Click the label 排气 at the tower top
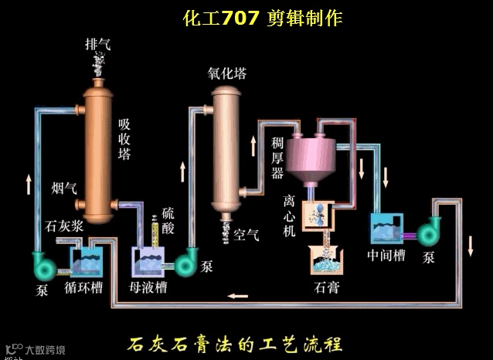tap(97, 44)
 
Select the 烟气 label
tap(64, 187)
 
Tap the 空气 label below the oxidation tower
tap(246, 235)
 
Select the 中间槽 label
tap(386, 255)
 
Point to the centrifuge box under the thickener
tap(318, 216)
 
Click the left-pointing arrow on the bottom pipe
tap(238, 295)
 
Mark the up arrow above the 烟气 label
tap(29, 184)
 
